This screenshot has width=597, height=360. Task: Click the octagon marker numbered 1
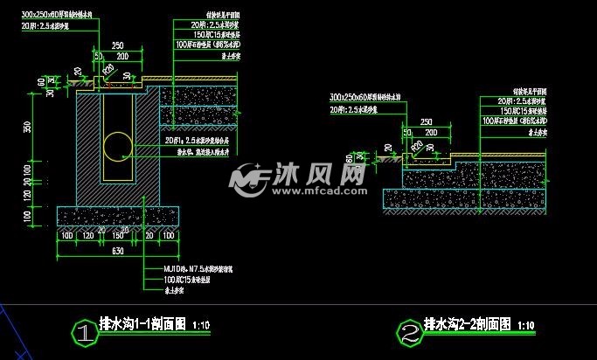tap(83, 332)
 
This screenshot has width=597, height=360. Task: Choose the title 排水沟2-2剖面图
tap(467, 324)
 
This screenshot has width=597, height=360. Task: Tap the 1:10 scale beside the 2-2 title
tap(525, 327)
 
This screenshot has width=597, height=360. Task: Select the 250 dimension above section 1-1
tap(115, 46)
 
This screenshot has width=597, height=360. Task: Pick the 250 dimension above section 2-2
tap(427, 122)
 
